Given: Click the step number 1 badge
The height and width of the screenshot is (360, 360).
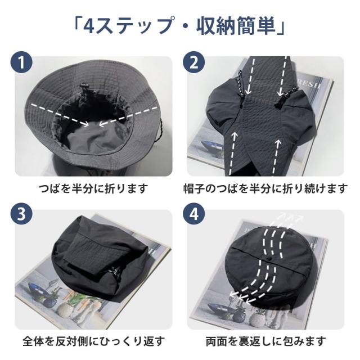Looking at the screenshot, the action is tap(21, 62).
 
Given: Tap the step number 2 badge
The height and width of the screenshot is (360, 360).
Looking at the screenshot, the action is tap(194, 62).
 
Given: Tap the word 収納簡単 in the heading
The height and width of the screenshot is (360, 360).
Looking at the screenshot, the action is tap(236, 26).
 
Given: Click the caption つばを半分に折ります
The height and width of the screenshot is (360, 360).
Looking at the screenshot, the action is tap(93, 189).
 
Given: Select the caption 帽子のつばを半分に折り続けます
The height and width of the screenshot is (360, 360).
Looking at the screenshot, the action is tap(265, 189).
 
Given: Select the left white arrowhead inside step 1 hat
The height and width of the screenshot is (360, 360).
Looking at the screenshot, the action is tap(85, 124).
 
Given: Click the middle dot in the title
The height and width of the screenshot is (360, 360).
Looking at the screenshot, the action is tap(184, 26).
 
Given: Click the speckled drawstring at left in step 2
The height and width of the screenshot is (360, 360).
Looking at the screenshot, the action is tap(240, 85).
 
